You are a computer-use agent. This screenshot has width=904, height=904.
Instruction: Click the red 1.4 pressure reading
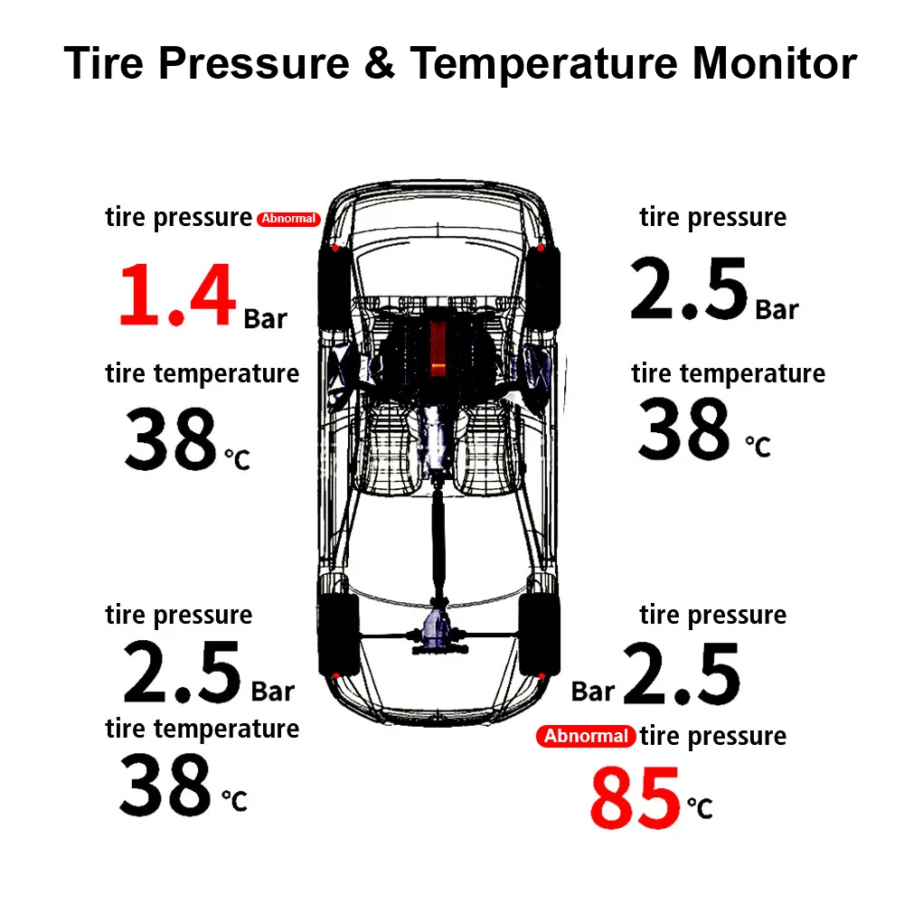pos(177,295)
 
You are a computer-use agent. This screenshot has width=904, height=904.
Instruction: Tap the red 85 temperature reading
pos(635,797)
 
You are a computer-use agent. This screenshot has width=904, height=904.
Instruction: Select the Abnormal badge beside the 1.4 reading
pos(288,219)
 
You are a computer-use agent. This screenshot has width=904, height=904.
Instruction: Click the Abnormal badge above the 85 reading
pos(586,736)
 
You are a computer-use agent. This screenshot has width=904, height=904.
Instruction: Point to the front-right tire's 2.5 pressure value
pos(690,289)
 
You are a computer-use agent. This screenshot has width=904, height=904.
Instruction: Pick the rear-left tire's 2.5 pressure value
pos(183,673)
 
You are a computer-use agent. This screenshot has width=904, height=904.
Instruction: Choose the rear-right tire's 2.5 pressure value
pos(682,673)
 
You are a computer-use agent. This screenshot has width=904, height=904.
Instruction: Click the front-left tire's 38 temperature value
pos(171,440)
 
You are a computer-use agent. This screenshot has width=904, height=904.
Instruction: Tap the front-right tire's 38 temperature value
pos(683,430)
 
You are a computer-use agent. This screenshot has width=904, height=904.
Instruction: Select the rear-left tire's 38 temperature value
pos(165,784)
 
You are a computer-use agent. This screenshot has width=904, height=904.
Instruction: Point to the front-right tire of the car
pos(543,286)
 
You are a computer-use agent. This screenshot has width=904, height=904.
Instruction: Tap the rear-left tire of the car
pos(338,633)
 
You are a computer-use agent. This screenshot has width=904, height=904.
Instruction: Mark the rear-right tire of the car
pos(539,633)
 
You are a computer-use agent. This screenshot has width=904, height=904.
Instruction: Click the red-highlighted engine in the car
pos(438,348)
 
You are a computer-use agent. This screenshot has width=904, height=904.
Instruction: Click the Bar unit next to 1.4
pos(265,318)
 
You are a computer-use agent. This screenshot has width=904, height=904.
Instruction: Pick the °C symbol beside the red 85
pos(700,806)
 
